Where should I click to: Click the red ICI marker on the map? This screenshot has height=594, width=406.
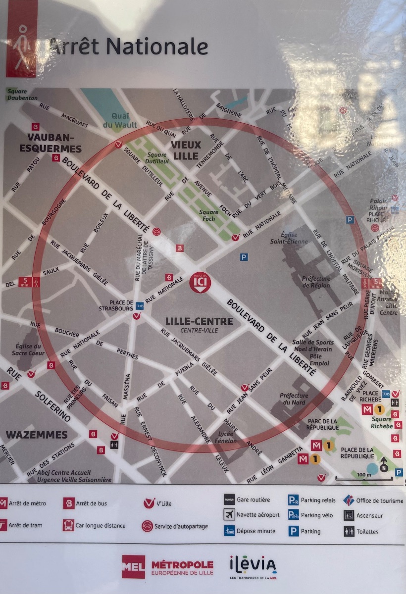tap(200, 282)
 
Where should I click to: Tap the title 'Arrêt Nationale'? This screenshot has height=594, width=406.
tap(128, 47)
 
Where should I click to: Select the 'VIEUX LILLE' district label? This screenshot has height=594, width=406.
tap(186, 150)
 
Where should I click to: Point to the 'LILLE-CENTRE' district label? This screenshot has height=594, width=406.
tap(199, 321)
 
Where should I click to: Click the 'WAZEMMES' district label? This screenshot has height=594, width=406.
tap(37, 435)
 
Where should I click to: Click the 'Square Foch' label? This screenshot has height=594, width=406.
tap(208, 216)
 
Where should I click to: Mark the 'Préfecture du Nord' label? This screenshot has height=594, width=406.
tap(294, 399)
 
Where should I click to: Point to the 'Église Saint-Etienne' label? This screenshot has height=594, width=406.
tap(289, 238)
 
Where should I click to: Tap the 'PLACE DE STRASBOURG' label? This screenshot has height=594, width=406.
tap(121, 305)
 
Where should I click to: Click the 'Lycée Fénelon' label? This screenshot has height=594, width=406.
tap(226, 437)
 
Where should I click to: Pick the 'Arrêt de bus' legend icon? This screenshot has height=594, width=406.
tap(69, 503)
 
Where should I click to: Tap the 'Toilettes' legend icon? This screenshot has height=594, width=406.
tap(349, 531)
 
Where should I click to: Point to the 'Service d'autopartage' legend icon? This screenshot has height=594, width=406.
tap(147, 526)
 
